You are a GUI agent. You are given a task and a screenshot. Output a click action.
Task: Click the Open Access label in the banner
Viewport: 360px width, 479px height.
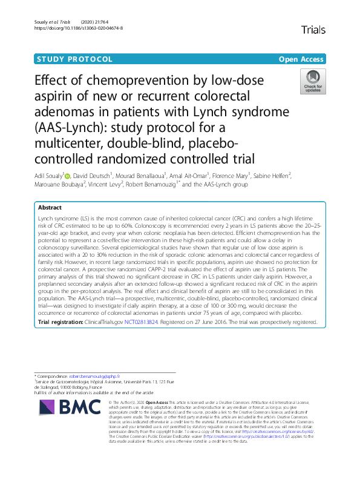pos(301,59)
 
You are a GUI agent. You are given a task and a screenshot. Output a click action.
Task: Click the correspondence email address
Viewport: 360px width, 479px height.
pos(95,377)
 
